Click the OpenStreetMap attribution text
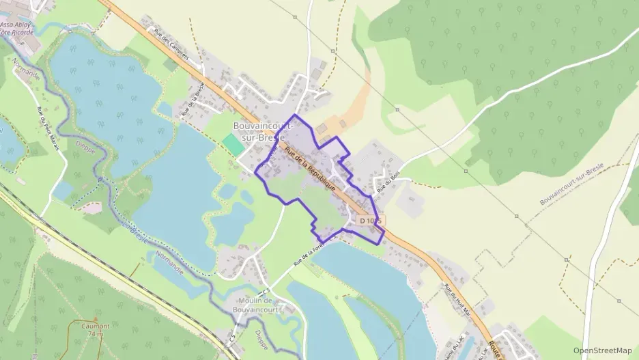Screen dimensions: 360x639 pyautogui.click(x=603, y=350)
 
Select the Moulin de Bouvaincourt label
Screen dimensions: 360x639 pyautogui.click(x=255, y=305)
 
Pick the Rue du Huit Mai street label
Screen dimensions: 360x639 pyautogui.click(x=458, y=299)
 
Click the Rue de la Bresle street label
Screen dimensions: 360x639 pyautogui.click(x=193, y=100)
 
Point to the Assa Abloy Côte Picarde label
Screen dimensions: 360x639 pyautogui.click(x=16, y=25)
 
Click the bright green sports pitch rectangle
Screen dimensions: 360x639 pyautogui.click(x=233, y=144)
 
